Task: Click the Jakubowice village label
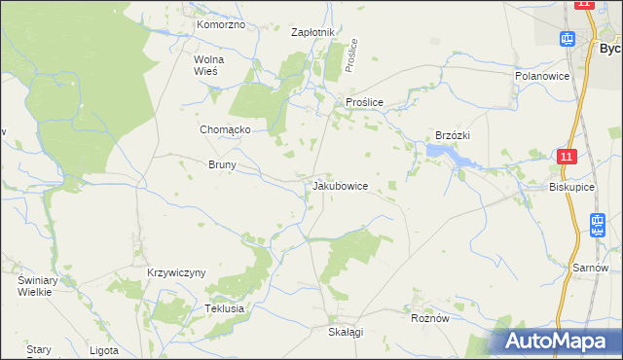point(340,185)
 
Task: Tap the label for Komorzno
point(220,24)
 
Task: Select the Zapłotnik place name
point(313,32)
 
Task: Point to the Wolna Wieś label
point(209,64)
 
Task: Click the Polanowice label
point(540,75)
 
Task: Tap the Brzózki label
point(454,136)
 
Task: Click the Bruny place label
point(222,165)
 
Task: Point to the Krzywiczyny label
point(176,272)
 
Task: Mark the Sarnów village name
point(591,268)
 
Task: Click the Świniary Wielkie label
point(39,285)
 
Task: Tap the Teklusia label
point(223,308)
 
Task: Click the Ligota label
point(103,349)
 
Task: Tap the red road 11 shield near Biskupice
point(568,156)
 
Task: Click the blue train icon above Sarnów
point(597,225)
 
